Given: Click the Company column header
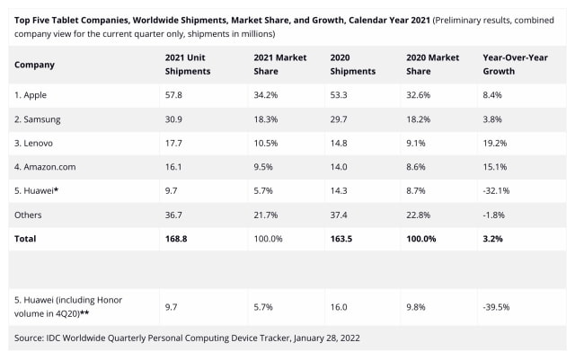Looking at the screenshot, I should click(x=35, y=65).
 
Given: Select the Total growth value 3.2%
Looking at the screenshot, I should click(x=493, y=239).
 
